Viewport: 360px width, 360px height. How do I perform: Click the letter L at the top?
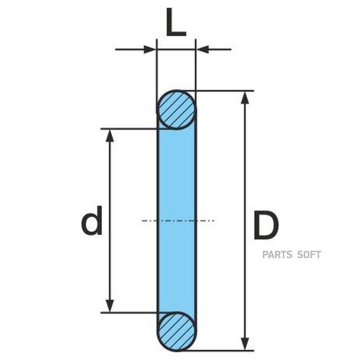(176, 25)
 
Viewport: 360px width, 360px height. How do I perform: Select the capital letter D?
(266, 226)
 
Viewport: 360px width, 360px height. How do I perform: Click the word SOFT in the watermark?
(308, 255)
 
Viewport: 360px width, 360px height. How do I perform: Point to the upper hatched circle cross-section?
(176, 109)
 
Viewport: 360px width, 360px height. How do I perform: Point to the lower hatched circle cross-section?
(176, 332)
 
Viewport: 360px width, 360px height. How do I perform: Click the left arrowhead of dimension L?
(150, 50)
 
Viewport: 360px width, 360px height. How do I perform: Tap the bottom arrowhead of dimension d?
(110, 306)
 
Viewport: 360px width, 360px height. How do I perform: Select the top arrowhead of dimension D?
(246, 98)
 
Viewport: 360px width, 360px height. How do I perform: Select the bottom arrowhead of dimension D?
(246, 344)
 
